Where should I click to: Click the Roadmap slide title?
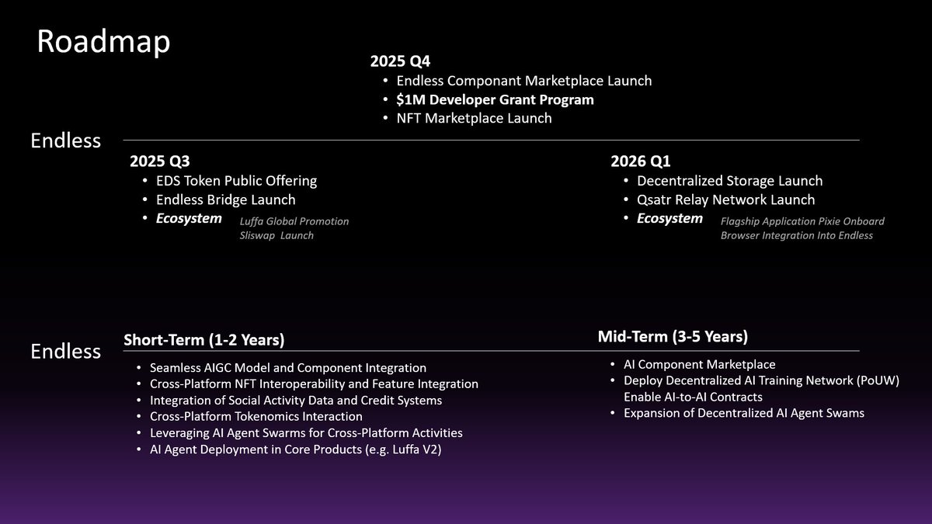click(103, 43)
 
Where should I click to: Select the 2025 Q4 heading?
click(400, 61)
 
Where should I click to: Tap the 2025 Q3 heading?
click(160, 161)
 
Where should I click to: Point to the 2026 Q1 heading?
click(641, 161)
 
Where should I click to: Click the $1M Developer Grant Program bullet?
click(495, 99)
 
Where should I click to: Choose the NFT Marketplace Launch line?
click(474, 118)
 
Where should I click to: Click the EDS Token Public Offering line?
click(236, 181)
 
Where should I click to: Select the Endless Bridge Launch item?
click(226, 200)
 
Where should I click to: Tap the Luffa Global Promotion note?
click(294, 221)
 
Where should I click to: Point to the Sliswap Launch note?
click(276, 235)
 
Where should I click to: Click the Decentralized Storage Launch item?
click(729, 181)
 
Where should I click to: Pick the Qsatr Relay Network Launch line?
click(725, 200)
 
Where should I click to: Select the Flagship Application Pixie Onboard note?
click(802, 221)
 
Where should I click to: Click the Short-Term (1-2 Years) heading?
click(203, 340)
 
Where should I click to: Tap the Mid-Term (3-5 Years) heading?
click(673, 336)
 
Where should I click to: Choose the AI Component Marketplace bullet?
click(699, 364)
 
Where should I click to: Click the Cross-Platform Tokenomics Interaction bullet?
click(256, 416)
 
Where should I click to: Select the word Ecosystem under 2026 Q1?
click(669, 218)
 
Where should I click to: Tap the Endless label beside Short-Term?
click(66, 351)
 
